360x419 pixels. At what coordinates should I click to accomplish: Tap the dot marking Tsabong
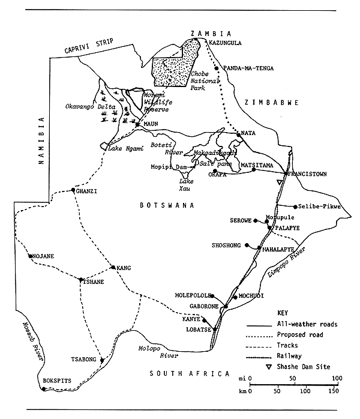pyautogui.click(x=103, y=360)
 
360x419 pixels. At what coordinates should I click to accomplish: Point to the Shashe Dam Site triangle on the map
pyautogui.click(x=278, y=182)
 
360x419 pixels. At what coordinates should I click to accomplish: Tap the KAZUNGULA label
pyautogui.click(x=227, y=44)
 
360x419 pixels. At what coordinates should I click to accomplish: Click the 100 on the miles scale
pyautogui.click(x=337, y=378)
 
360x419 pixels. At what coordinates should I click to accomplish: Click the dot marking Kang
pyautogui.click(x=113, y=268)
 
